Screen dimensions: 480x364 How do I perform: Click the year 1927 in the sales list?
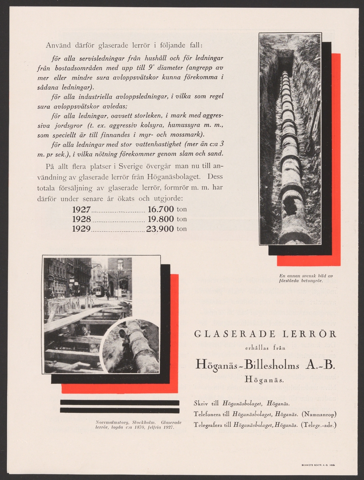point(82,209)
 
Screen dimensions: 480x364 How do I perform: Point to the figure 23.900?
point(160,229)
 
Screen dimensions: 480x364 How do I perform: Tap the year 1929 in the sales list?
point(82,229)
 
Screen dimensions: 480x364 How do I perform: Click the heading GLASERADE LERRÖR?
point(265,334)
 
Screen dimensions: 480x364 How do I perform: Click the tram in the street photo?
point(98,290)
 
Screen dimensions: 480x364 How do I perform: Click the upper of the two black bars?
point(120,402)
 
